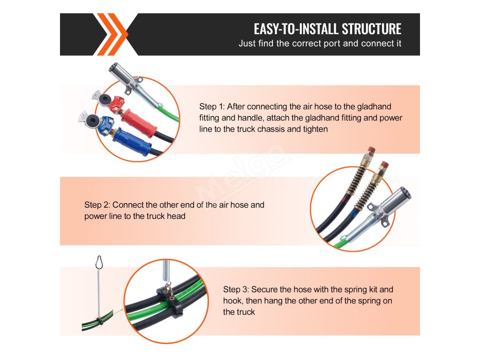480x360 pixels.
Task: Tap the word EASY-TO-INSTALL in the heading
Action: [296, 29]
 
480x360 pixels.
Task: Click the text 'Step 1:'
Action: [212, 107]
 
